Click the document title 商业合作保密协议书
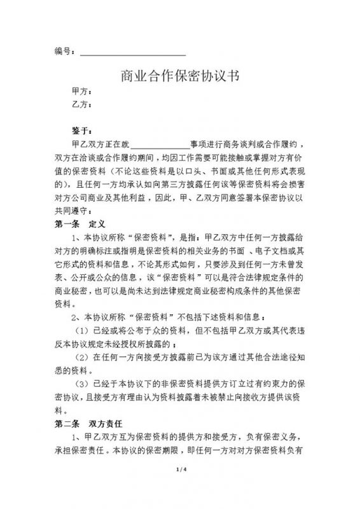(179, 78)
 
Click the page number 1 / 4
(180, 487)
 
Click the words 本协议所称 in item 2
(107, 316)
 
